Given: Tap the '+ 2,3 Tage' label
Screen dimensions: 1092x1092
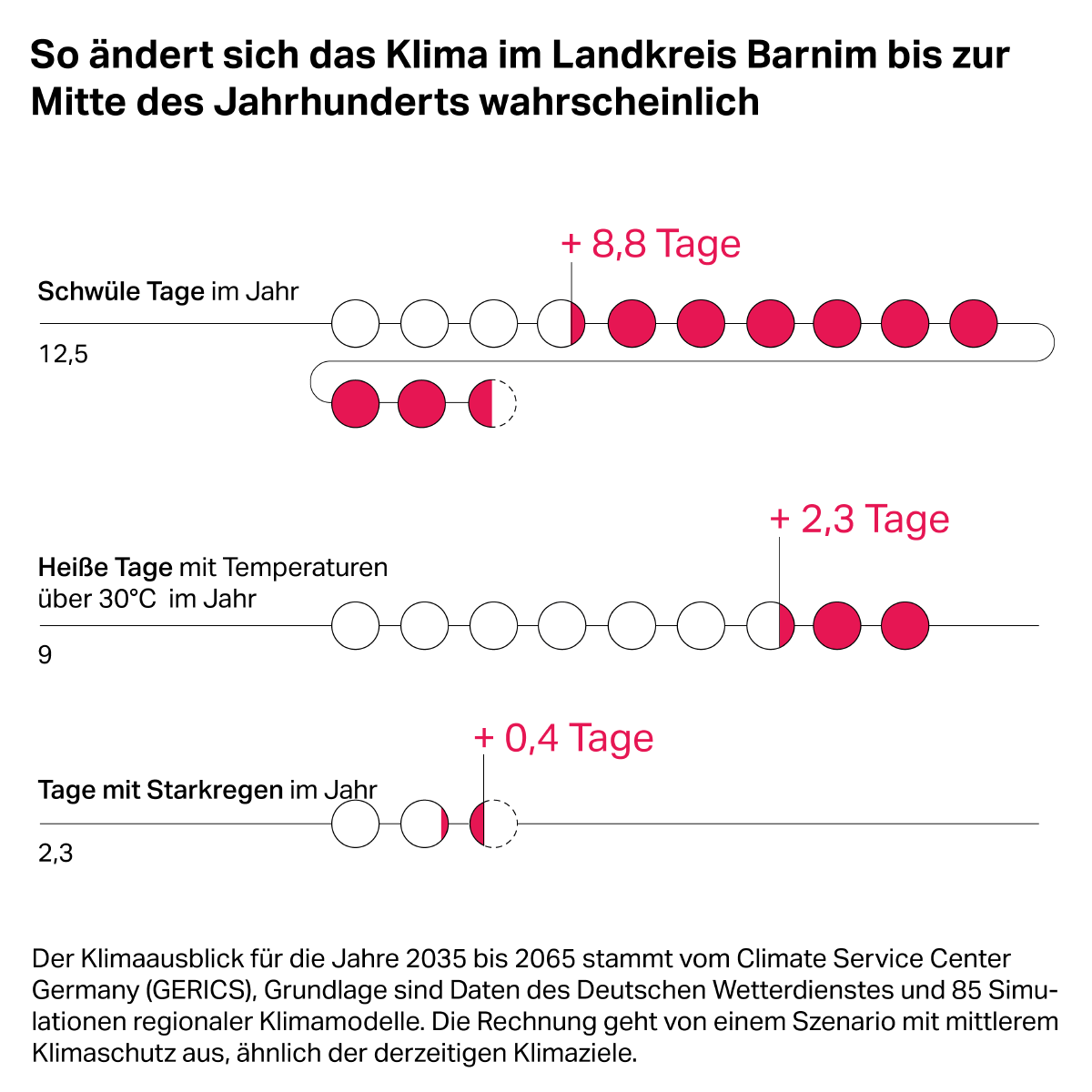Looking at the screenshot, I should coord(859,520).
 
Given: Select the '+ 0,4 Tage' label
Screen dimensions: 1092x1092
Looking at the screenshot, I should coord(563,738).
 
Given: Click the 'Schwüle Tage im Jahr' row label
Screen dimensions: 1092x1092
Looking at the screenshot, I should coord(168,292).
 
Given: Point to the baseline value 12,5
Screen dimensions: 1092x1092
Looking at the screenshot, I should coord(63,354).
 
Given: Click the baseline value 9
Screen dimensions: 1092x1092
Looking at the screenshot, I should coord(45,655).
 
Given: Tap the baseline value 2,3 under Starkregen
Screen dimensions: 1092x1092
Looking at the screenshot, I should coord(56,854).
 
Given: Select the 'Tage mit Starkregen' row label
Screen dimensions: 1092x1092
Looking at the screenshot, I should coord(161,790).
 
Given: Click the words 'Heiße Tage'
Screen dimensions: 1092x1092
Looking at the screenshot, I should coord(105,568).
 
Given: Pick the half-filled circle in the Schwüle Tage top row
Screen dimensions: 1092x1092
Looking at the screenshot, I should coord(561,322).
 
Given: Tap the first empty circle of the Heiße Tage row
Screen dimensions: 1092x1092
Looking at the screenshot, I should coord(355,626).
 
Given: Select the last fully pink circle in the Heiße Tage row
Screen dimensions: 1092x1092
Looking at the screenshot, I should coord(905,626).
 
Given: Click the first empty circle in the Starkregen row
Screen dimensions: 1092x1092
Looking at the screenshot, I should coord(355,824).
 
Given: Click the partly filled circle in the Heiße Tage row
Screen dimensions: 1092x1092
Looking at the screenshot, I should coord(771,626).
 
